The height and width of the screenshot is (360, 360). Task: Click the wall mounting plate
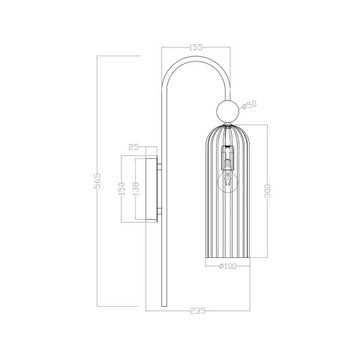153,189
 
